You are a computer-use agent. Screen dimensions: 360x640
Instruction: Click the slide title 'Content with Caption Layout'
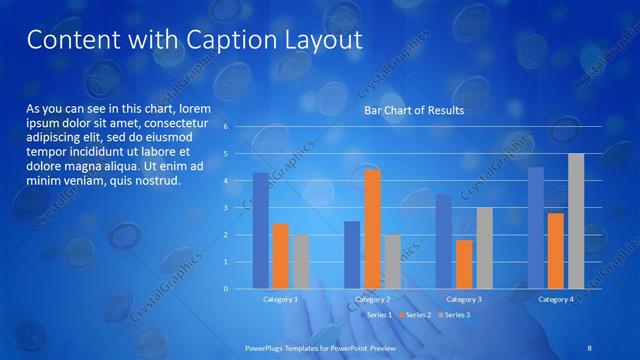click(193, 40)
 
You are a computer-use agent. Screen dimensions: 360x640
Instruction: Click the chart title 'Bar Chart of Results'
click(413, 111)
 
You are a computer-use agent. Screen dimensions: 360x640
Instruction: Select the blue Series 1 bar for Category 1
click(260, 231)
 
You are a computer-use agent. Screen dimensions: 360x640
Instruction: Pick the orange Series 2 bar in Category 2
click(372, 229)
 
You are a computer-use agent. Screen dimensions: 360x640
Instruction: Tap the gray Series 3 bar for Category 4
click(576, 221)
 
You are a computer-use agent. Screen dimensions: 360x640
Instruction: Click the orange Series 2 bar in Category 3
click(464, 264)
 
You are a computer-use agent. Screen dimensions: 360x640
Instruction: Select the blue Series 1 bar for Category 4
click(536, 228)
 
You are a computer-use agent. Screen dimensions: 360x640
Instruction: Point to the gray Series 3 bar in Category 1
click(300, 262)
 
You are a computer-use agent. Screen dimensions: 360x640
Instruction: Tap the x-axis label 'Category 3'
click(464, 299)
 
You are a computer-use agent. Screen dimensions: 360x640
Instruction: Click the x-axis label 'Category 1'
click(280, 299)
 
